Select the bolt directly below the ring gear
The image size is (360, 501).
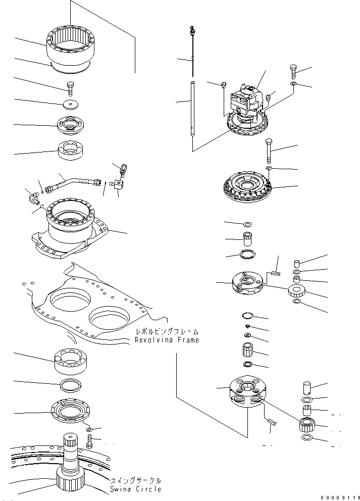tap(70, 88)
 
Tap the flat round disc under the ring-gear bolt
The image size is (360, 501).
tap(70, 105)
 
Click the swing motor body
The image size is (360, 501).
tap(247, 102)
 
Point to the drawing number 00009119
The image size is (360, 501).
tap(339, 496)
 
